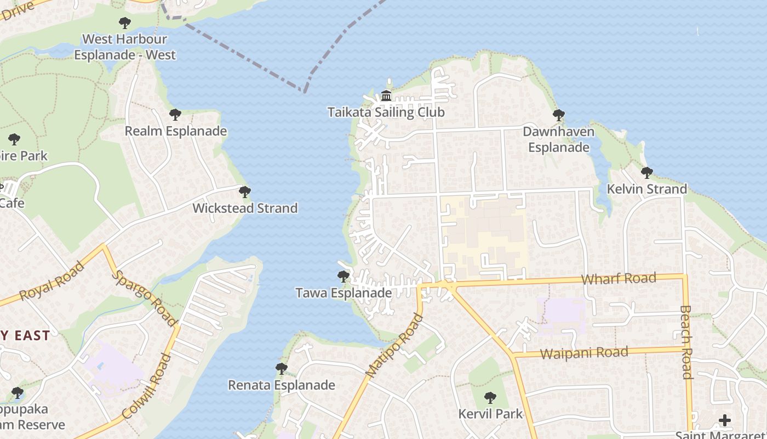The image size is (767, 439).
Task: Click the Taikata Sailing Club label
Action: click(x=386, y=112)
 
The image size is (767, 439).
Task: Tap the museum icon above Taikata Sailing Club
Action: click(x=386, y=96)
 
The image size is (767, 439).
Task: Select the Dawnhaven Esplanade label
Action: click(x=558, y=139)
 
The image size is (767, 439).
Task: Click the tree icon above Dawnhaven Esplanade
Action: click(x=559, y=115)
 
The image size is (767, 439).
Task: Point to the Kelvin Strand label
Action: click(x=646, y=189)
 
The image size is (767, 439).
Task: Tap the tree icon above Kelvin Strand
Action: click(x=647, y=173)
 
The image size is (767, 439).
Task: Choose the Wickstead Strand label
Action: click(x=245, y=208)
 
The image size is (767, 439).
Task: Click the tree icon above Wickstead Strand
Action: click(x=245, y=192)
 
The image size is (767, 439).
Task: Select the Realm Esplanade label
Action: click(x=175, y=131)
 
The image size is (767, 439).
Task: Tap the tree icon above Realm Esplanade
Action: click(x=175, y=115)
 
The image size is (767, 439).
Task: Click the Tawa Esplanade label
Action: click(x=344, y=293)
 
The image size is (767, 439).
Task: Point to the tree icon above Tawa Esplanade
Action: click(x=344, y=277)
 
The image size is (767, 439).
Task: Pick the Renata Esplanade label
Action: click(x=281, y=385)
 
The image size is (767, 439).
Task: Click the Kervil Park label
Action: click(x=490, y=414)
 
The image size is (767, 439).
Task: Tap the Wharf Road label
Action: click(x=619, y=278)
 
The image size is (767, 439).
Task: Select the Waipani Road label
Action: click(x=584, y=353)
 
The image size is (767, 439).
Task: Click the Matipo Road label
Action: click(x=394, y=345)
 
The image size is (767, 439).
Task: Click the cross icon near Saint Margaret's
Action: click(x=725, y=420)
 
